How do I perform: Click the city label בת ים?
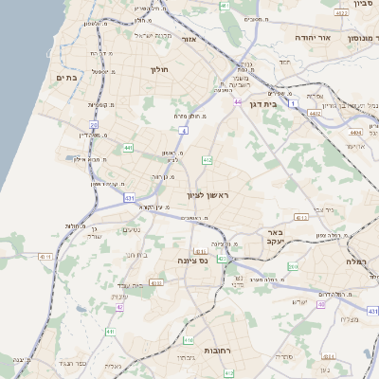coord(65,78)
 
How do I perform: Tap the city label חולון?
coord(158,69)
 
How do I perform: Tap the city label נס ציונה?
coord(192,260)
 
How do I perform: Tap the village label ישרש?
coord(298,301)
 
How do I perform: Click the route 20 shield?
coord(94,124)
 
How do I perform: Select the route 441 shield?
coord(128,148)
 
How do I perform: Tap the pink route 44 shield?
coord(236,101)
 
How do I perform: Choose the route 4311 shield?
coord(301,217)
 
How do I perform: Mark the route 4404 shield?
coord(355,134)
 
